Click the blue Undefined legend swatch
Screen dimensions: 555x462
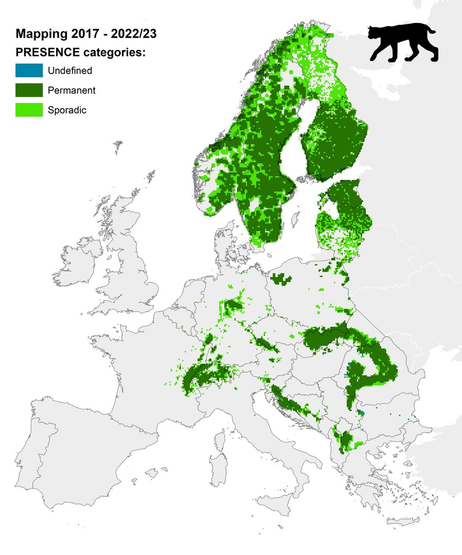(x=29, y=71)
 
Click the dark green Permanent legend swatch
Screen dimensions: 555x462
(x=29, y=90)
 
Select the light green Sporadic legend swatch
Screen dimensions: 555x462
(x=29, y=110)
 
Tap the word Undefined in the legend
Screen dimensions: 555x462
(x=70, y=71)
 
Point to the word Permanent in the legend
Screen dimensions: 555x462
(x=72, y=90)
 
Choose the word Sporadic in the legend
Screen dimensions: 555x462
(x=67, y=110)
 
